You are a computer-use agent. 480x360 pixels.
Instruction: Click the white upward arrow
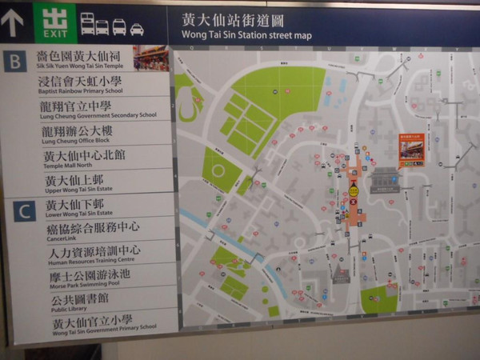click(x=13, y=23)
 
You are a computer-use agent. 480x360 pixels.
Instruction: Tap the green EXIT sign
click(x=56, y=23)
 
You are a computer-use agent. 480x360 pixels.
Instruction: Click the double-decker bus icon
click(x=87, y=24)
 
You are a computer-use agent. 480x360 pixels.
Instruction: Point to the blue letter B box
click(x=14, y=62)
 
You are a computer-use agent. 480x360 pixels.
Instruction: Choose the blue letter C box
click(x=25, y=211)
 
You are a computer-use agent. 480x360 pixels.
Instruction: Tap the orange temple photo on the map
click(x=411, y=150)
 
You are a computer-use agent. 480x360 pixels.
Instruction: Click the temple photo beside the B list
click(x=150, y=58)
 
